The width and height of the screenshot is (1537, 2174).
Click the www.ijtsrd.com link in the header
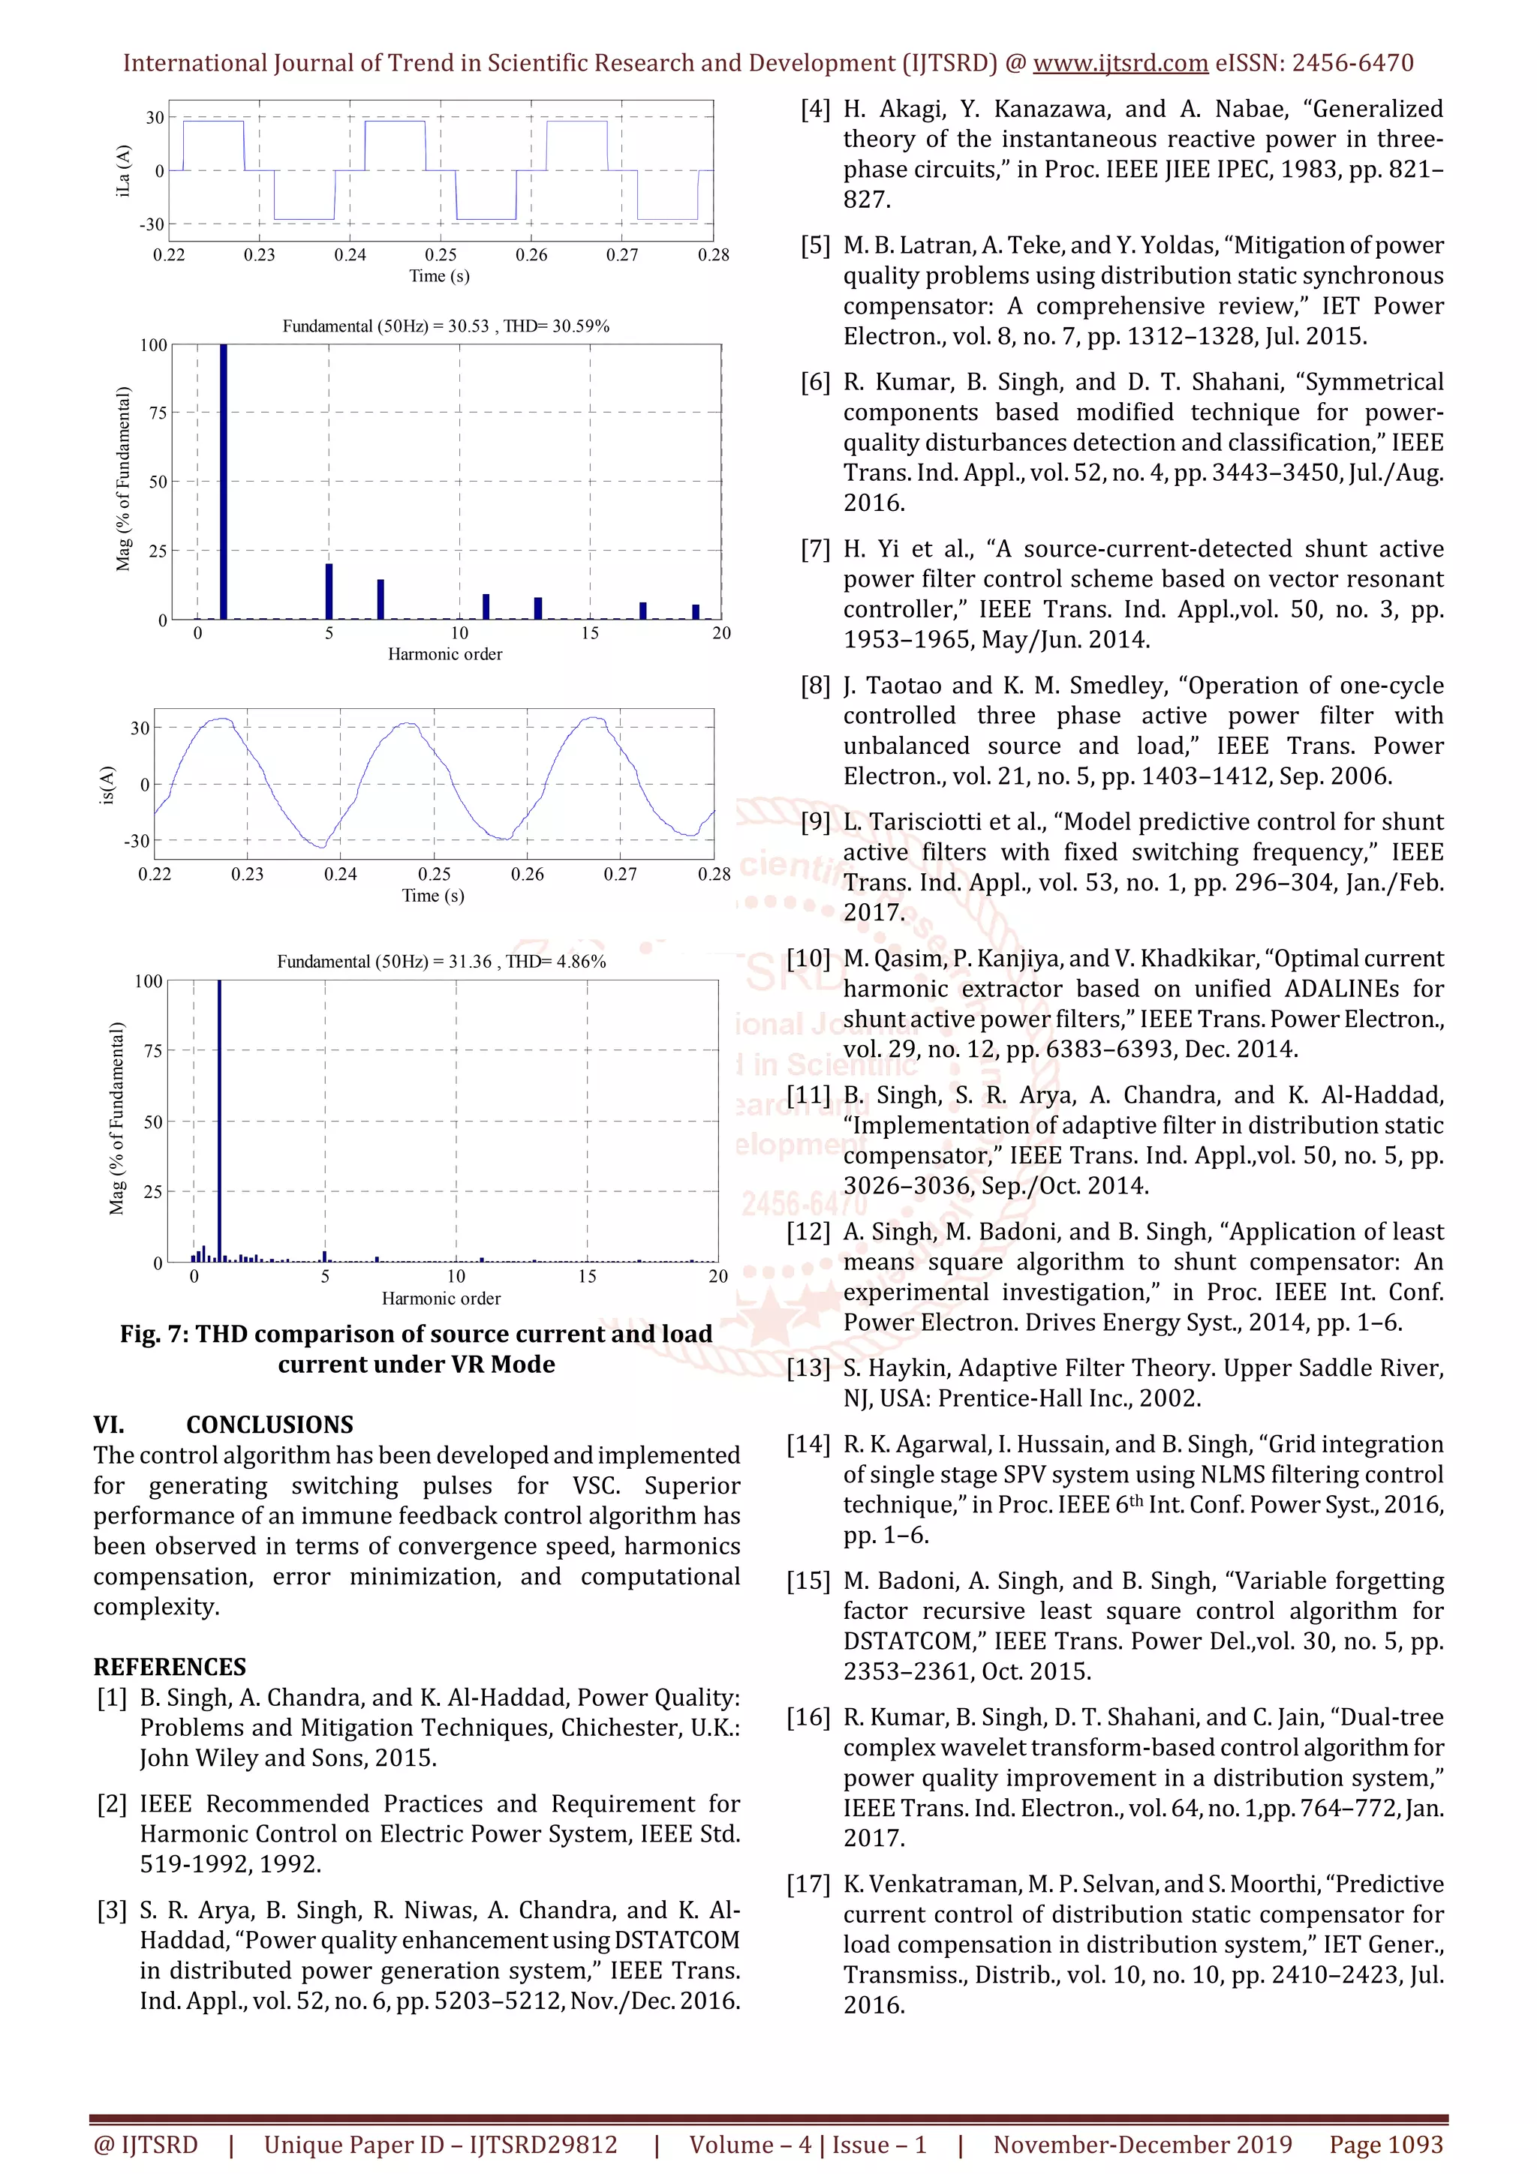click(1120, 64)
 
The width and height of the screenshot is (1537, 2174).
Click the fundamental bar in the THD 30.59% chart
click(224, 483)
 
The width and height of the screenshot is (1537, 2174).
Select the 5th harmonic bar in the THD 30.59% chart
click(329, 591)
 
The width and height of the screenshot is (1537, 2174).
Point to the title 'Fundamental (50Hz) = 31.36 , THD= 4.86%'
click(441, 961)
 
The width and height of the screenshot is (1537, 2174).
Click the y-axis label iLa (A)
click(123, 170)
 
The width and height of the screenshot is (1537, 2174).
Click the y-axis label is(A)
click(107, 785)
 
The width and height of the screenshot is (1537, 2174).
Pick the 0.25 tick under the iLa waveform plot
click(441, 255)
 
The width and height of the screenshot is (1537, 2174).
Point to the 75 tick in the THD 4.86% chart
click(152, 1050)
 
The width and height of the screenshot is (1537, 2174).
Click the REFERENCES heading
click(170, 1666)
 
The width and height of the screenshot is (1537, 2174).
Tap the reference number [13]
click(807, 1368)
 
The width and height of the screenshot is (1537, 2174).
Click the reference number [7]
click(814, 549)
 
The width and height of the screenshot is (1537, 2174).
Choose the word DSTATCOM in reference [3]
click(676, 1940)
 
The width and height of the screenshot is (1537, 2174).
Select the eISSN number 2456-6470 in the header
click(1352, 64)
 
